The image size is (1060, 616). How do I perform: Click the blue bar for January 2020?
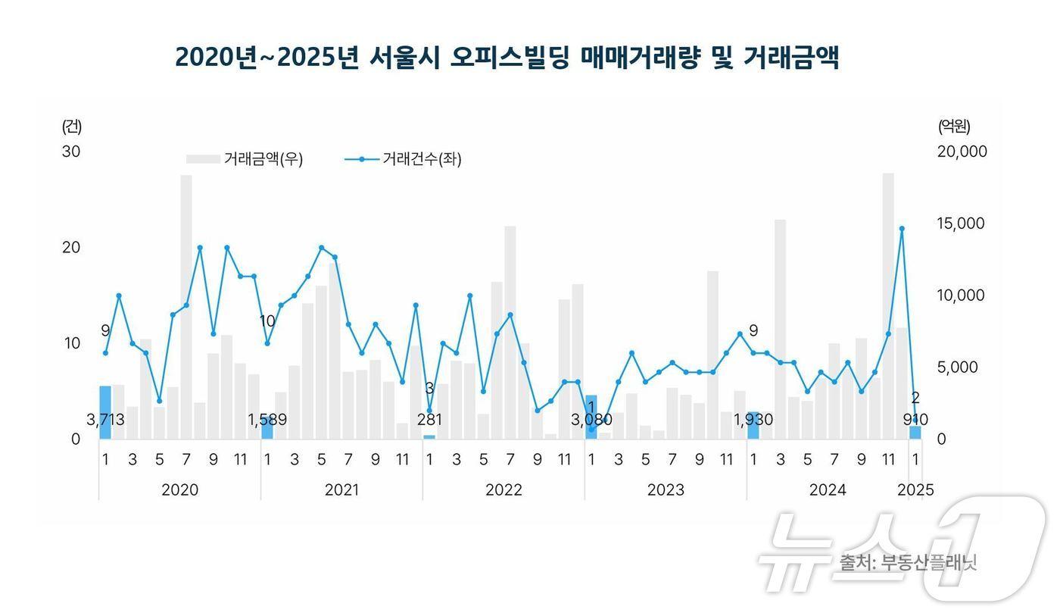click(105, 413)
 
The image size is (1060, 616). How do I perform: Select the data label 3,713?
click(105, 420)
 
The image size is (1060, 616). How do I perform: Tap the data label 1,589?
click(267, 420)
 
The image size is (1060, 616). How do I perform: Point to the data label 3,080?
click(591, 420)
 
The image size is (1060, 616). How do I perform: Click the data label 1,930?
click(753, 420)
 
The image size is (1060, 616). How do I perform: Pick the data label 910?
click(915, 420)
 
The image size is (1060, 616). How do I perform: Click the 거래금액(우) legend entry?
click(245, 159)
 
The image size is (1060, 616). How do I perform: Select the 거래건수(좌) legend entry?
click(404, 159)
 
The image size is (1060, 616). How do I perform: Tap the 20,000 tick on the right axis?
click(962, 152)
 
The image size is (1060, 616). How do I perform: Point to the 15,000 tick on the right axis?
click(962, 224)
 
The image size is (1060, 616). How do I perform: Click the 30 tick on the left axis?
click(71, 152)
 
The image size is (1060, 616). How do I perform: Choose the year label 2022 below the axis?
click(503, 490)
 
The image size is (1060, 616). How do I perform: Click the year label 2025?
click(915, 490)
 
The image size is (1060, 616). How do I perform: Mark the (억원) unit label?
click(953, 126)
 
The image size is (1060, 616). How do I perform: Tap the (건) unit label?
click(72, 126)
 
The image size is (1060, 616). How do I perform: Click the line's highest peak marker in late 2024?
click(902, 228)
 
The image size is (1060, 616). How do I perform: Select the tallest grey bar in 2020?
click(186, 307)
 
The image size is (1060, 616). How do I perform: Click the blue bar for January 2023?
click(591, 417)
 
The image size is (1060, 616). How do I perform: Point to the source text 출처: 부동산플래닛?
click(908, 563)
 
